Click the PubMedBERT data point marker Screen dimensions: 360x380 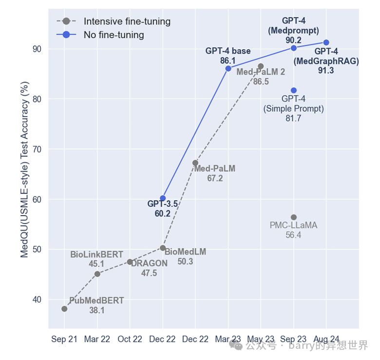(64, 309)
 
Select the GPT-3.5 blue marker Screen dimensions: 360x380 (163, 198)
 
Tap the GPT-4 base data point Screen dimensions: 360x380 (228, 68)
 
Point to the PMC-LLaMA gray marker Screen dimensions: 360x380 (294, 217)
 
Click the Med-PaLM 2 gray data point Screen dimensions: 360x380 (261, 66)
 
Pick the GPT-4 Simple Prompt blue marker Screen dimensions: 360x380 (294, 90)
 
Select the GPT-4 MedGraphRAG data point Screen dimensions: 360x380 (326, 42)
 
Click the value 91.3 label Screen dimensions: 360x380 (326, 71)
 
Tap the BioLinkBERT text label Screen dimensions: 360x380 (96, 255)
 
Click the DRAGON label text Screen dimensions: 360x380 (149, 263)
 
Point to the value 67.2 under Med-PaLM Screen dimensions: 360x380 (214, 179)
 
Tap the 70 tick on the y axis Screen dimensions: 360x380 (37, 149)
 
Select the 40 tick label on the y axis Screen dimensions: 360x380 (37, 300)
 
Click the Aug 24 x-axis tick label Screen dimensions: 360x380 (326, 340)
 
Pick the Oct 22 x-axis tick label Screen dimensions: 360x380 (130, 340)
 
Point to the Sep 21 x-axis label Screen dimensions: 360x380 (64, 340)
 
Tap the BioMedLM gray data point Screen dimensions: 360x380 (163, 248)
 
